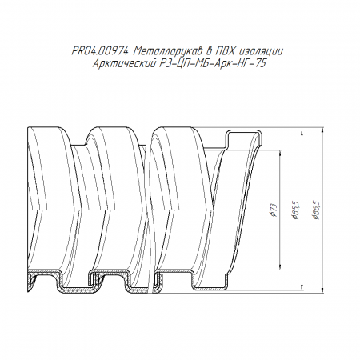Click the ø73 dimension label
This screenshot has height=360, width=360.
(274, 210)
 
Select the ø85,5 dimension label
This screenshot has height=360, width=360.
(296, 210)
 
